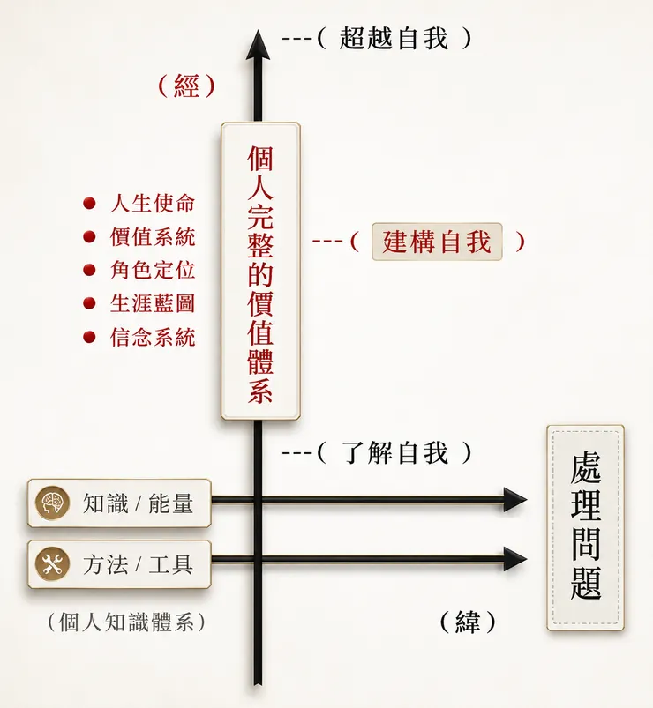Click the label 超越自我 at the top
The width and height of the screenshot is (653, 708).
pos(394,38)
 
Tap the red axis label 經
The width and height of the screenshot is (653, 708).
pos(186,86)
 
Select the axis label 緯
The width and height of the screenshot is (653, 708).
pos(468,622)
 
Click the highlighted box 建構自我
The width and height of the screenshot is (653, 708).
pos(437,242)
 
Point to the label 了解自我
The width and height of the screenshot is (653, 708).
pos(394,452)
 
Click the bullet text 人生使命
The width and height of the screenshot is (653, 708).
pos(153,203)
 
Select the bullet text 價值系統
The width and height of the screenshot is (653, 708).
pos(153,236)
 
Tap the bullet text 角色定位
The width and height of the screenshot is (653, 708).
pos(153,270)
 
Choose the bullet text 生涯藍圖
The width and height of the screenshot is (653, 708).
pos(153,303)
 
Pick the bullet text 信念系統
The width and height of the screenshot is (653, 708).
pos(153,337)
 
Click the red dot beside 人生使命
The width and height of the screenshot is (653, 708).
pos(89,203)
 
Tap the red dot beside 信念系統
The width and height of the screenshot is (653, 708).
pos(89,337)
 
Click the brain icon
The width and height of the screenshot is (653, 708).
pos(52,503)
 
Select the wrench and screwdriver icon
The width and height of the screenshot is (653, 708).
pos(52,564)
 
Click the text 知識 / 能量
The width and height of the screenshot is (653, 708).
pos(138,503)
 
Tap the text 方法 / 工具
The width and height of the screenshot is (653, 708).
pos(138,564)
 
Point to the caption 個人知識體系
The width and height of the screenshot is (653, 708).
pos(127,622)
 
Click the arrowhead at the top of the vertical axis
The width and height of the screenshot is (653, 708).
pos(258,45)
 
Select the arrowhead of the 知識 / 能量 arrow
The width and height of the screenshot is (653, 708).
pos(515,499)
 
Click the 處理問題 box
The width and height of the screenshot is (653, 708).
pos(585,528)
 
